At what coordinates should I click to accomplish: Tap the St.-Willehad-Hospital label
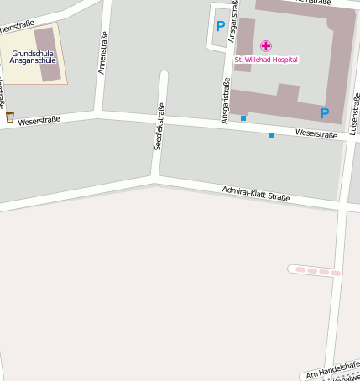(x=266, y=60)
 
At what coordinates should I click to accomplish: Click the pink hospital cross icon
(x=266, y=45)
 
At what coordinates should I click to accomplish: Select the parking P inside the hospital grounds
(x=324, y=113)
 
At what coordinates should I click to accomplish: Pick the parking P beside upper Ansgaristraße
(x=220, y=27)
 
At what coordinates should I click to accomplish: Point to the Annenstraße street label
(x=102, y=53)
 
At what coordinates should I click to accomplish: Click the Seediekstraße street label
(x=158, y=126)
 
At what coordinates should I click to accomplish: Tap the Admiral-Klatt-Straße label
(x=256, y=194)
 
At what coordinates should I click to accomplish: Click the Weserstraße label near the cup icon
(x=39, y=120)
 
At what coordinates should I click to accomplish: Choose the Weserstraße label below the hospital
(x=316, y=133)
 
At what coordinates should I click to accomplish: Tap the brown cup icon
(x=10, y=117)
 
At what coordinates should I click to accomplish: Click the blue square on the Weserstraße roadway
(x=271, y=134)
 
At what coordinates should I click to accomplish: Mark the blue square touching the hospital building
(x=243, y=118)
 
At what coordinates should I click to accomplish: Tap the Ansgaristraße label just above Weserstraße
(x=225, y=102)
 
